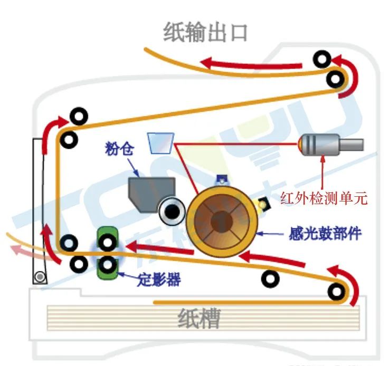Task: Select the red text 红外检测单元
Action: (x=324, y=198)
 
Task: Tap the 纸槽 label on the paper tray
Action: (x=198, y=319)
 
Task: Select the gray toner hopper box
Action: (x=151, y=193)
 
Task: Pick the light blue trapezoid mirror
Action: (x=160, y=142)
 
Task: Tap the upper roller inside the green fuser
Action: (x=108, y=243)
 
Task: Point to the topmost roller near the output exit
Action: (x=322, y=59)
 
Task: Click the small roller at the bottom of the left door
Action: (x=39, y=276)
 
